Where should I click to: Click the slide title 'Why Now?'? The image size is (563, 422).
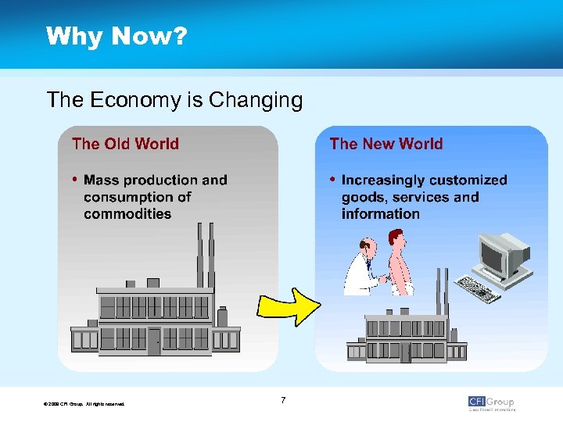pos(116,37)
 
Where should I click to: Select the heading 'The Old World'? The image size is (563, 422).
pos(125,144)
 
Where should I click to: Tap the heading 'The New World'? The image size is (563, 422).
pos(385,144)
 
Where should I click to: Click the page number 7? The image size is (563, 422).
pos(282,401)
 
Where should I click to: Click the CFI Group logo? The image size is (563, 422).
pos(491,402)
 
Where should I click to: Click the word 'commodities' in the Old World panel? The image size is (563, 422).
pos(127,213)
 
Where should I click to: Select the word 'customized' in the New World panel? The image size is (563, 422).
pos(467,181)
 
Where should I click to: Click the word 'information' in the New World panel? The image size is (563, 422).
pos(381,213)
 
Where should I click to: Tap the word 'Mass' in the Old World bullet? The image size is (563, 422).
pos(102,181)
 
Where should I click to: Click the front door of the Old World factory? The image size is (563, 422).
pos(154,342)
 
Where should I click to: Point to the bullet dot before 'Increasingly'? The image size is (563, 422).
pos(332,180)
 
